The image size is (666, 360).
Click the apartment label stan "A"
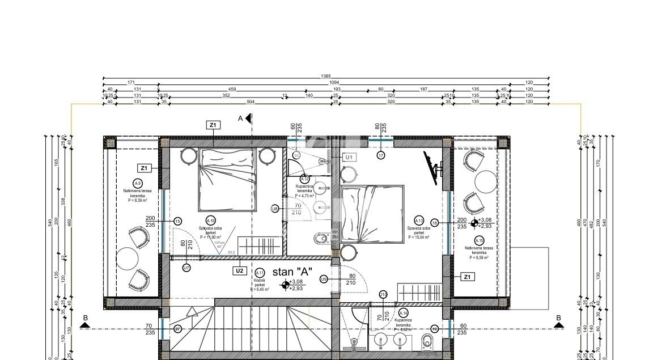293,272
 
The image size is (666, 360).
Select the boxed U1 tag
349,157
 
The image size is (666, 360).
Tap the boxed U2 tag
239,271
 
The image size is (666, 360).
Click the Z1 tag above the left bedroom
213,125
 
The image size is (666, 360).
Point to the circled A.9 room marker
137,183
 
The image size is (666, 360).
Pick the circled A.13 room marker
419,221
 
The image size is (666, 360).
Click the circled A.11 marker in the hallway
260,273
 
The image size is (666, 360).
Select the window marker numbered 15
177,222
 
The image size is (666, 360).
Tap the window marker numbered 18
435,223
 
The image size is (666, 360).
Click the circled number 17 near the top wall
381,155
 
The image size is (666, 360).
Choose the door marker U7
186,267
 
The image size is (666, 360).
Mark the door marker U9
324,279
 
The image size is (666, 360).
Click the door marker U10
383,294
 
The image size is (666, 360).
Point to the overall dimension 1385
325,76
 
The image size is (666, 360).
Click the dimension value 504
251,102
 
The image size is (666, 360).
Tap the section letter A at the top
240,118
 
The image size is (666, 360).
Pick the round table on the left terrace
127,260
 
